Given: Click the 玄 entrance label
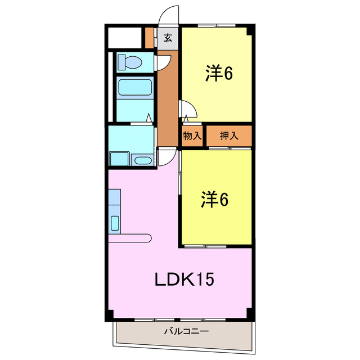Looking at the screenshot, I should point(168,38).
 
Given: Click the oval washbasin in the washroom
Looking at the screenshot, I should point(143,160).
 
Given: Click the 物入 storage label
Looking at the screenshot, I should point(192,136).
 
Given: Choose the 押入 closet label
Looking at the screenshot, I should point(228,136).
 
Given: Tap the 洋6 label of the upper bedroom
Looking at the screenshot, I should point(219,74).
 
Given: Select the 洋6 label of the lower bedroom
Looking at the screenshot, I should point(215,200).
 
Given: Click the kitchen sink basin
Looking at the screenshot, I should point(115,223).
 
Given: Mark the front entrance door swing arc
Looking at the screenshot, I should point(168,16).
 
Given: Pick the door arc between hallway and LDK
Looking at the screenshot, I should point(166,157).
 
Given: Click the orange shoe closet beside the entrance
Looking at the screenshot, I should point(149,38).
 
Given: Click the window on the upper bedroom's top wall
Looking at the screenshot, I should point(217,25).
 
